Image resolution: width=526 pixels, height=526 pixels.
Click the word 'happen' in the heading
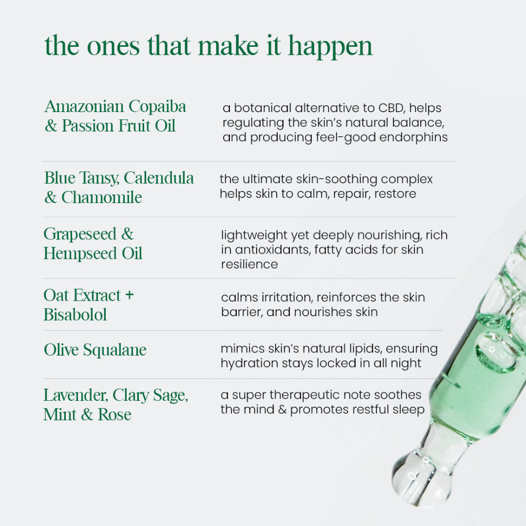330,47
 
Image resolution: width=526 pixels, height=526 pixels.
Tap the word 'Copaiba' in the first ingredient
157,107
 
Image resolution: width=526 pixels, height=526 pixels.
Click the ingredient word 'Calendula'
159,178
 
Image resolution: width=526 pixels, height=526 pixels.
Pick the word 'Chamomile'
102,197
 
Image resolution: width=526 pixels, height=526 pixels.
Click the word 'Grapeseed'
80,235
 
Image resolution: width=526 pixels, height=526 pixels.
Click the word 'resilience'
249,265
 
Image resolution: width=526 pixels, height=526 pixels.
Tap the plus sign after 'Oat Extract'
129,295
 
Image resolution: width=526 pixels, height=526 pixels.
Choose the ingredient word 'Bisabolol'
75,315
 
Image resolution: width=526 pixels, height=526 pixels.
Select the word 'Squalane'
115,350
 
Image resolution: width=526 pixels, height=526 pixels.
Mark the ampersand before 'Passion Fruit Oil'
51,126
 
